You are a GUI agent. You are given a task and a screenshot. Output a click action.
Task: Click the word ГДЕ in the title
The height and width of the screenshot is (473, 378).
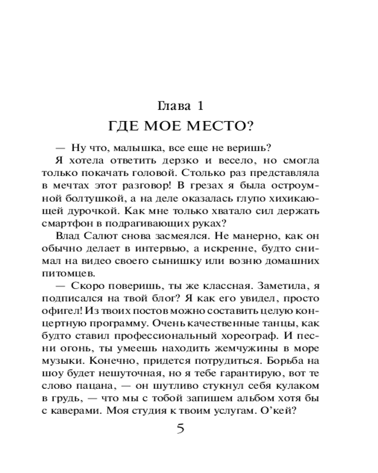tap(126, 126)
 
